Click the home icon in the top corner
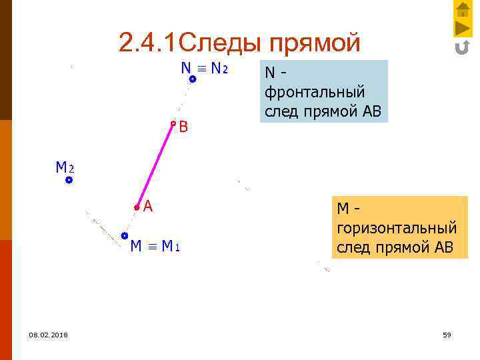coord(463,9)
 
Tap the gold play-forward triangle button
coord(463,28)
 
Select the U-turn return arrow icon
coord(463,47)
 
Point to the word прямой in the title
coord(315,43)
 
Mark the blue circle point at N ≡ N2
coord(192,79)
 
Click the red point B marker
coord(173,123)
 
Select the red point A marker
coord(137,207)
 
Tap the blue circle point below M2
coord(69,180)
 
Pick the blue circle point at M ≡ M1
coord(125,235)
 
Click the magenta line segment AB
coord(155,165)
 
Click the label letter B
coord(183,127)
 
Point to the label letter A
coord(148,207)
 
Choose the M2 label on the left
coord(65,167)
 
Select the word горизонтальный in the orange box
coord(396,228)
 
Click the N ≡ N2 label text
coord(204,69)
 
